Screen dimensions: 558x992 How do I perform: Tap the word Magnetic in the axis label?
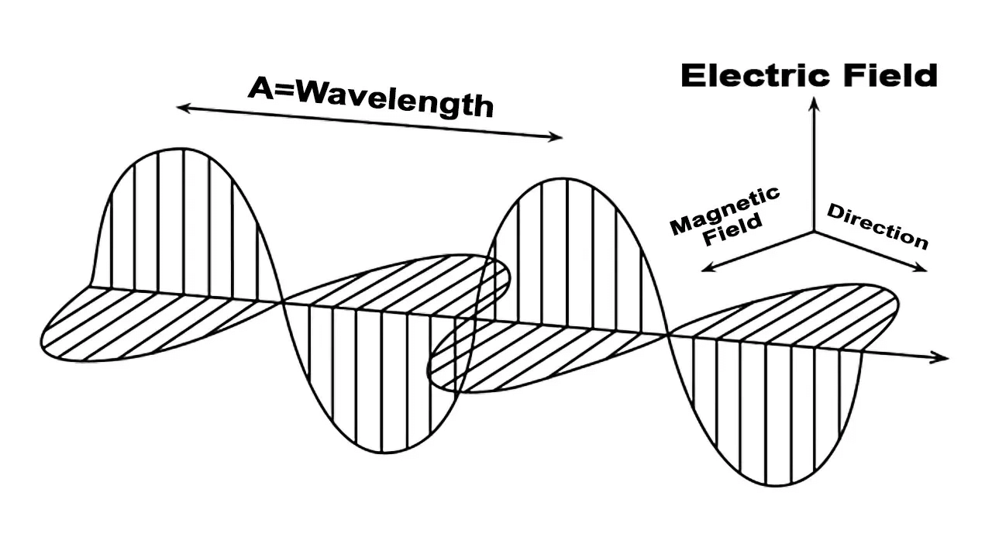point(725,210)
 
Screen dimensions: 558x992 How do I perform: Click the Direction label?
point(877,226)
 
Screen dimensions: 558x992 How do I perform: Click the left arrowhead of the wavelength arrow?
point(180,108)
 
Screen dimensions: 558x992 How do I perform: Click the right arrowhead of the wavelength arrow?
point(559,138)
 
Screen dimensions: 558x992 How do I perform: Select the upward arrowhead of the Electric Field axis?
point(813,100)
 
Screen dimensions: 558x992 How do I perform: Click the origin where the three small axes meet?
point(813,231)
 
